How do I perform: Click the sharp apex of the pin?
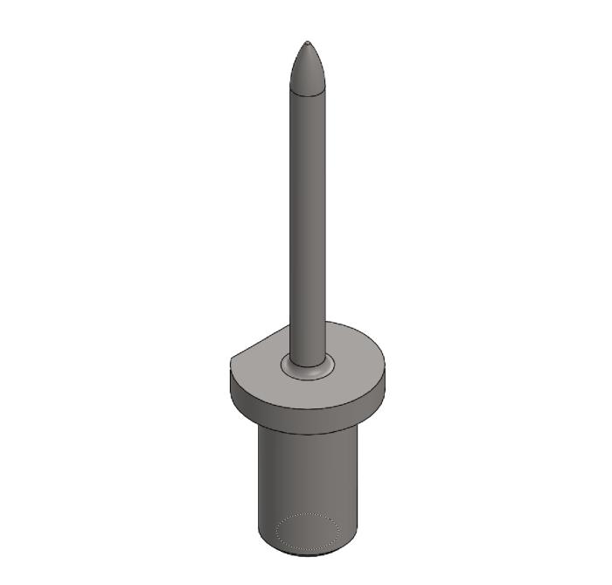(x=308, y=41)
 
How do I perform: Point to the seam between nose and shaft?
(x=308, y=92)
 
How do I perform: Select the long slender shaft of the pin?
(x=308, y=219)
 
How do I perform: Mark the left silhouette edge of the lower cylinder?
(x=259, y=481)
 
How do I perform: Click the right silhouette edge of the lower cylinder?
(x=358, y=481)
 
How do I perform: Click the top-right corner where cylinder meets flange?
(x=358, y=425)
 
